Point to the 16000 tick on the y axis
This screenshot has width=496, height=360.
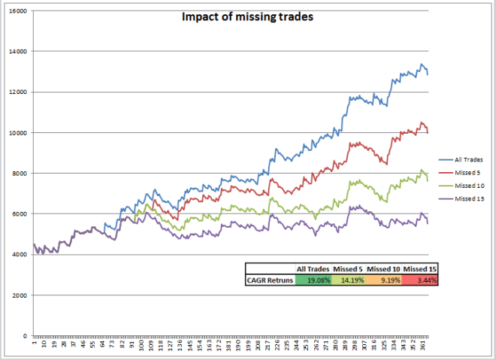pos(17,12)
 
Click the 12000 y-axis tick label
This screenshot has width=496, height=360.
pos(17,92)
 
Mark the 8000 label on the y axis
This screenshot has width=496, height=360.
pos(20,173)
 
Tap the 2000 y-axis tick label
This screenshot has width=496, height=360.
pos(20,295)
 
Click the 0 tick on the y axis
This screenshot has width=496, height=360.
pos(24,335)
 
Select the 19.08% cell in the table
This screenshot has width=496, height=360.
pos(311,280)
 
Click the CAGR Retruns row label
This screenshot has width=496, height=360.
pos(269,280)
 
